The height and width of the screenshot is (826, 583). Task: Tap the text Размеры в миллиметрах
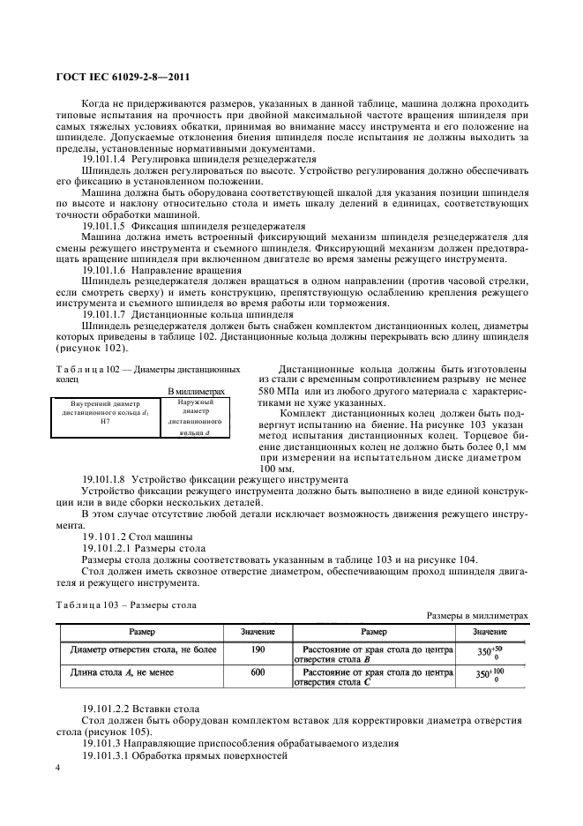477,616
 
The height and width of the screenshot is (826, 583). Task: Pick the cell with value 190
258,651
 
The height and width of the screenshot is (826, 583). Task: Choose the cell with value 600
258,672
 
